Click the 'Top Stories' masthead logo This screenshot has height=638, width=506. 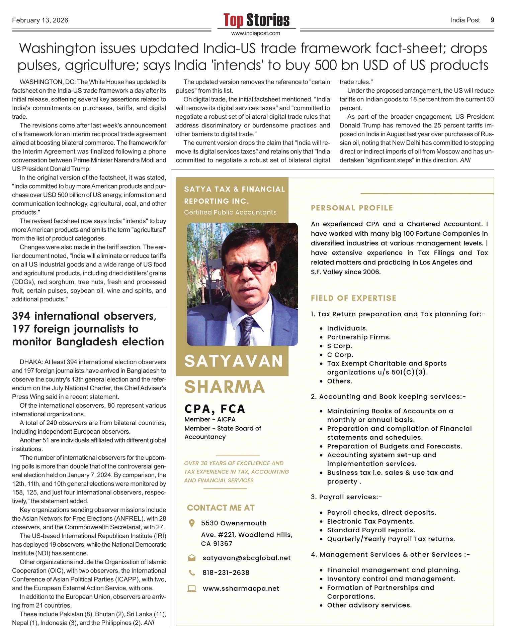pos(256,20)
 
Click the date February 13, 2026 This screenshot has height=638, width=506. pos(40,20)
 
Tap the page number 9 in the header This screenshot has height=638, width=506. pos(492,20)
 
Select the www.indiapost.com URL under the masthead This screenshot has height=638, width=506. pos(256,33)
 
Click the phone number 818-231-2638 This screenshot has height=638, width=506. pos(226,572)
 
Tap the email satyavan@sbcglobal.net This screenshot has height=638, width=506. pos(247,558)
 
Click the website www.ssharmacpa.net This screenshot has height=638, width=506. pos(241,589)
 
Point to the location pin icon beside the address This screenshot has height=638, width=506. pos(192,523)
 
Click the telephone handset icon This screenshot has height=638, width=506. pos(192,572)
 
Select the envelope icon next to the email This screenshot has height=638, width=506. pos(192,558)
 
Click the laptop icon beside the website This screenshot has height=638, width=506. pos(192,589)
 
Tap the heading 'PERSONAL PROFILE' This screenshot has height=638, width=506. pos(352,208)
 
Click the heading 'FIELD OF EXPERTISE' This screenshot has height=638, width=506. pos(353,298)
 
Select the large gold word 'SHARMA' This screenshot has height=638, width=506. pos(225,387)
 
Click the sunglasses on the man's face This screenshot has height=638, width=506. pos(247,268)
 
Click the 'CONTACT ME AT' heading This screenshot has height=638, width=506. pos(221,508)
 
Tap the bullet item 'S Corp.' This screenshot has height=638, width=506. pos(339,346)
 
